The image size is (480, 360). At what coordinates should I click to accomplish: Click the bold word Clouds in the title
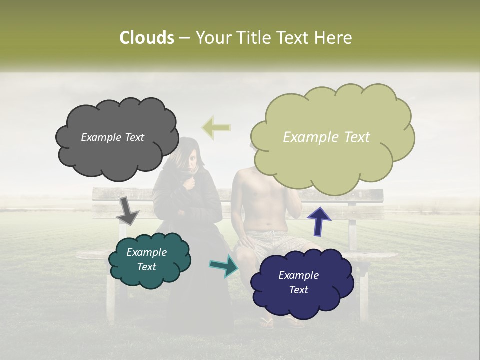click(x=146, y=38)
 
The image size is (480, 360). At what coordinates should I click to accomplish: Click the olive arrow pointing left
click(x=216, y=128)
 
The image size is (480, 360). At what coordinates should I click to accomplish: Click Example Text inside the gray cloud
click(x=112, y=137)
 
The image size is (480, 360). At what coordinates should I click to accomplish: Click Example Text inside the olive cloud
click(x=326, y=137)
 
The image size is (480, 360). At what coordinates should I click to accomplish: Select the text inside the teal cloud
click(x=146, y=260)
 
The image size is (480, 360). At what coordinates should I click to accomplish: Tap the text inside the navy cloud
click(x=298, y=282)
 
